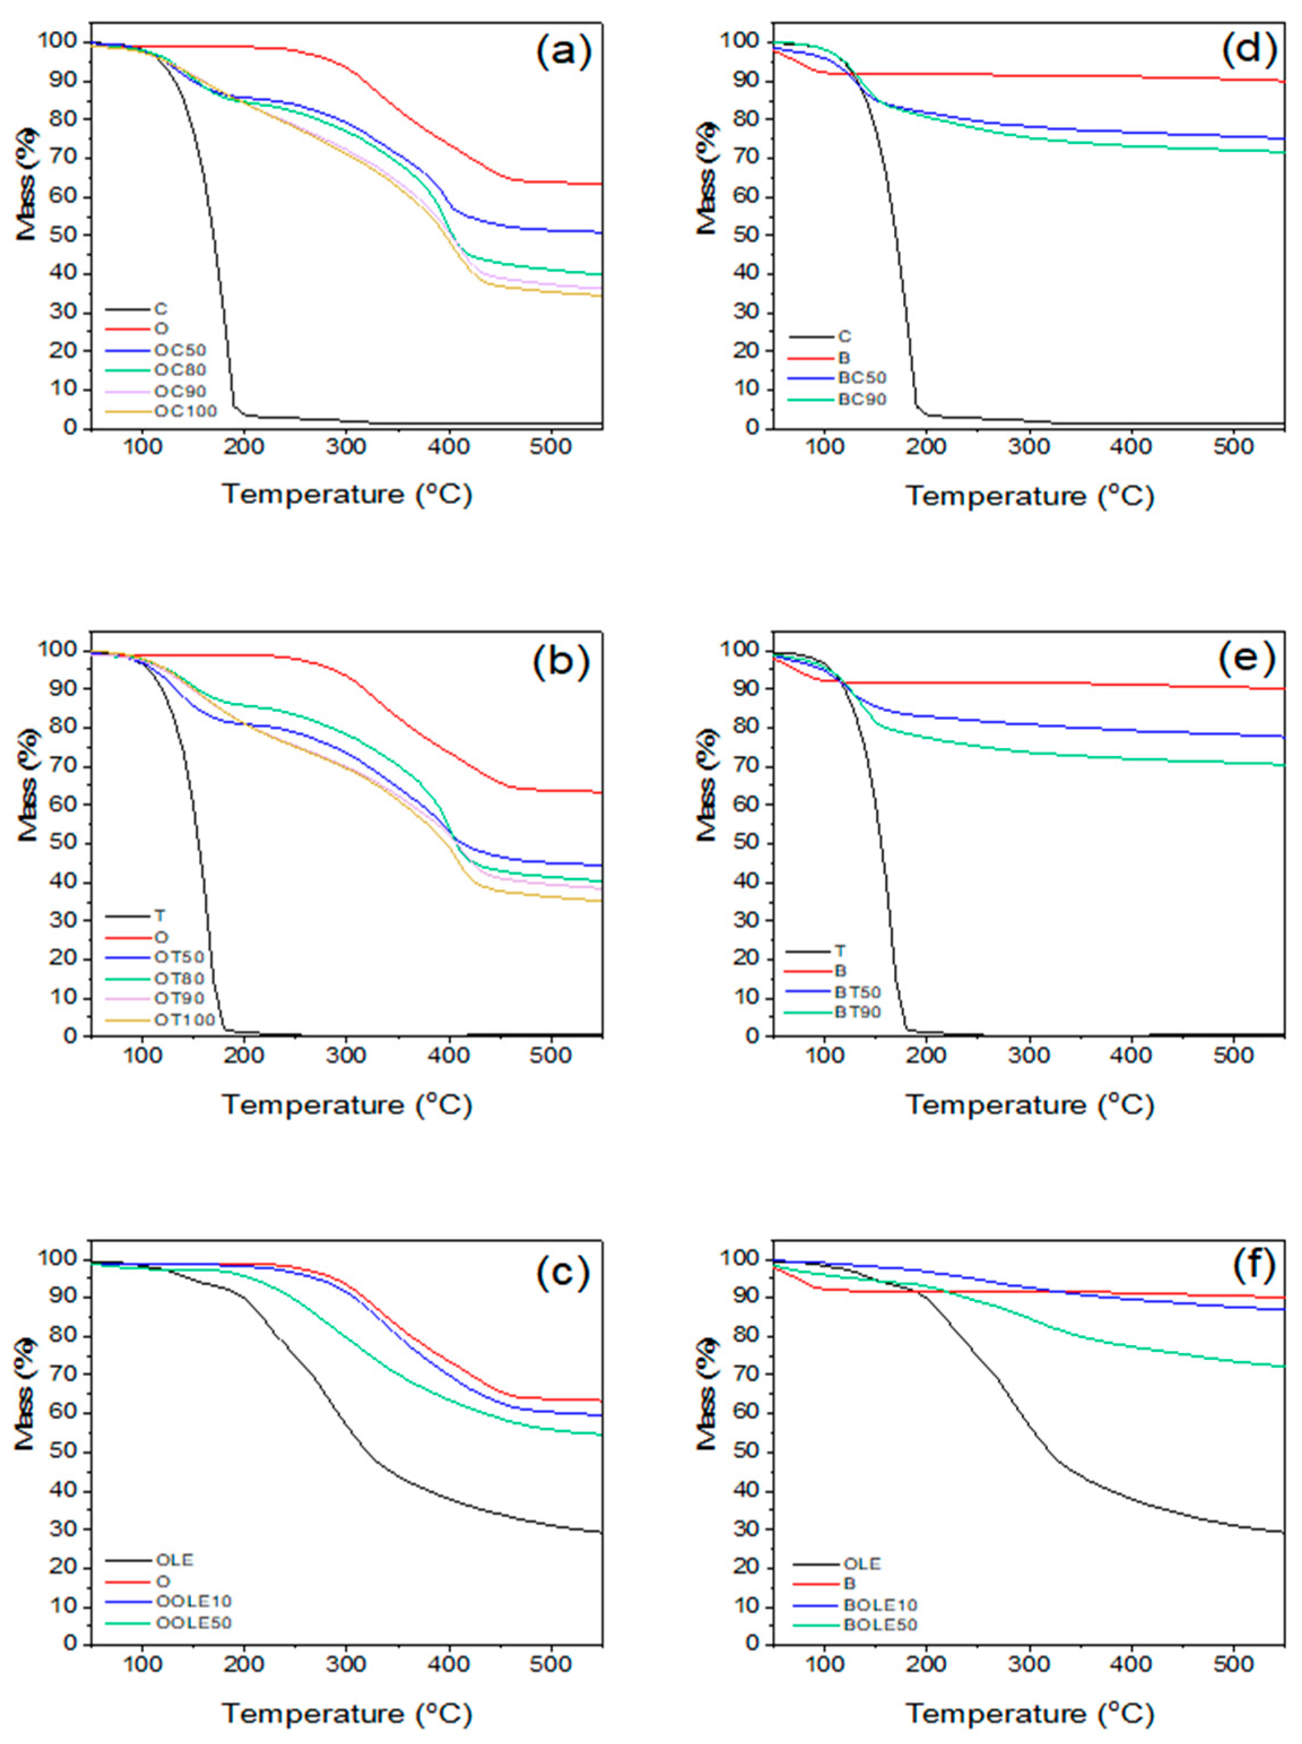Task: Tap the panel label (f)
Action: click(x=1247, y=1271)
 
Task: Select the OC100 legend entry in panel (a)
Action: click(x=185, y=411)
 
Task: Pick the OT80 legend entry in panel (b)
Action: click(x=179, y=979)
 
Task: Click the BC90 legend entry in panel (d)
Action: click(x=862, y=399)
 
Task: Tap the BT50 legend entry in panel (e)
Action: click(x=857, y=991)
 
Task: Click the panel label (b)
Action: click(x=561, y=662)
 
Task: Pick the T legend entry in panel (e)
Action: click(x=840, y=951)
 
